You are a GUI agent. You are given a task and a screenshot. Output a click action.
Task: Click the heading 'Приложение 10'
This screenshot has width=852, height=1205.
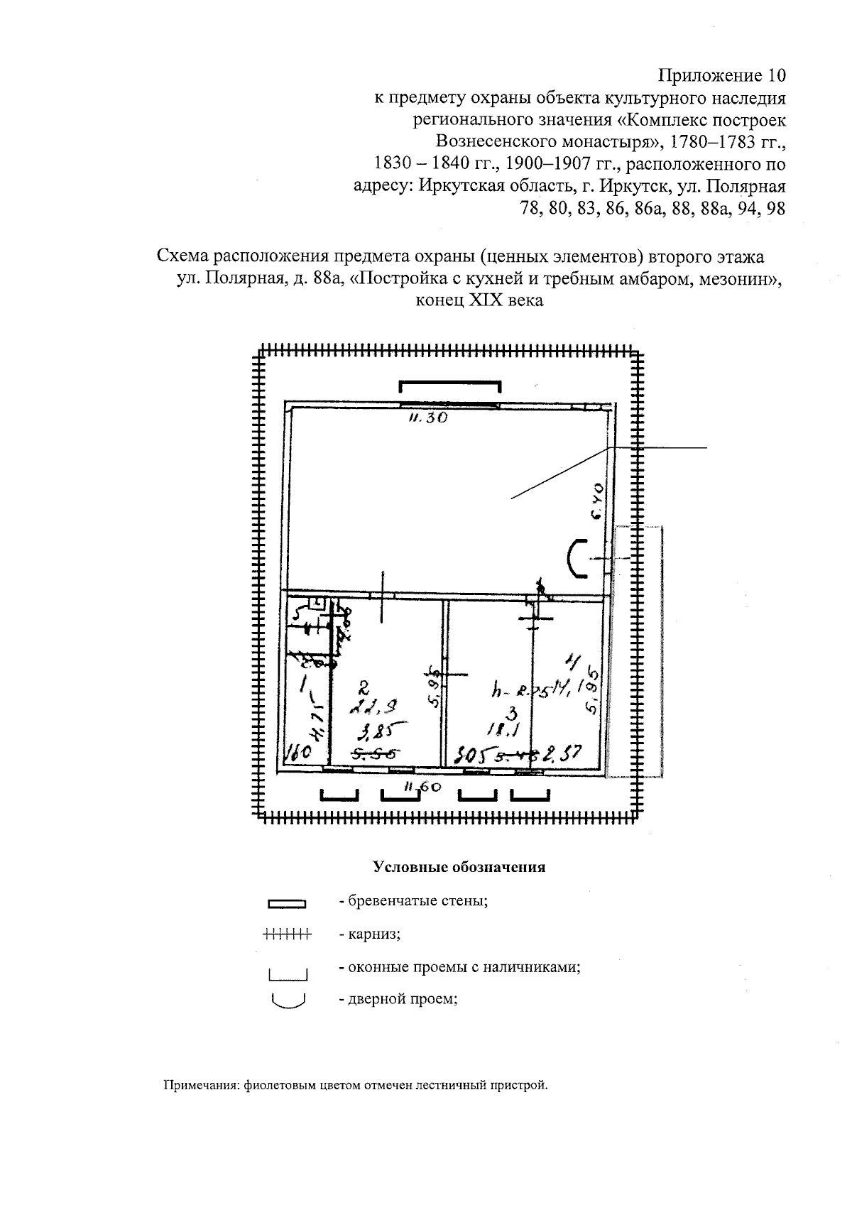tap(722, 75)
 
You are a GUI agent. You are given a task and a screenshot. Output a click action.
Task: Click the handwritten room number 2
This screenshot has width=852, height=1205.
tap(364, 687)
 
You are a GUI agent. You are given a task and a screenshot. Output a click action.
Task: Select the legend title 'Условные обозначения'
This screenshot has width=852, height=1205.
tap(459, 867)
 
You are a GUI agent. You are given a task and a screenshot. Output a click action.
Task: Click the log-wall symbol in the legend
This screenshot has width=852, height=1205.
tap(286, 904)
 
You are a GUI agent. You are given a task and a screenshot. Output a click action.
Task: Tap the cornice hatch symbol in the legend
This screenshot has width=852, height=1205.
tap(287, 934)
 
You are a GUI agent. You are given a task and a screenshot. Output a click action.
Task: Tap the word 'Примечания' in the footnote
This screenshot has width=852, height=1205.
tap(201, 1085)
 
